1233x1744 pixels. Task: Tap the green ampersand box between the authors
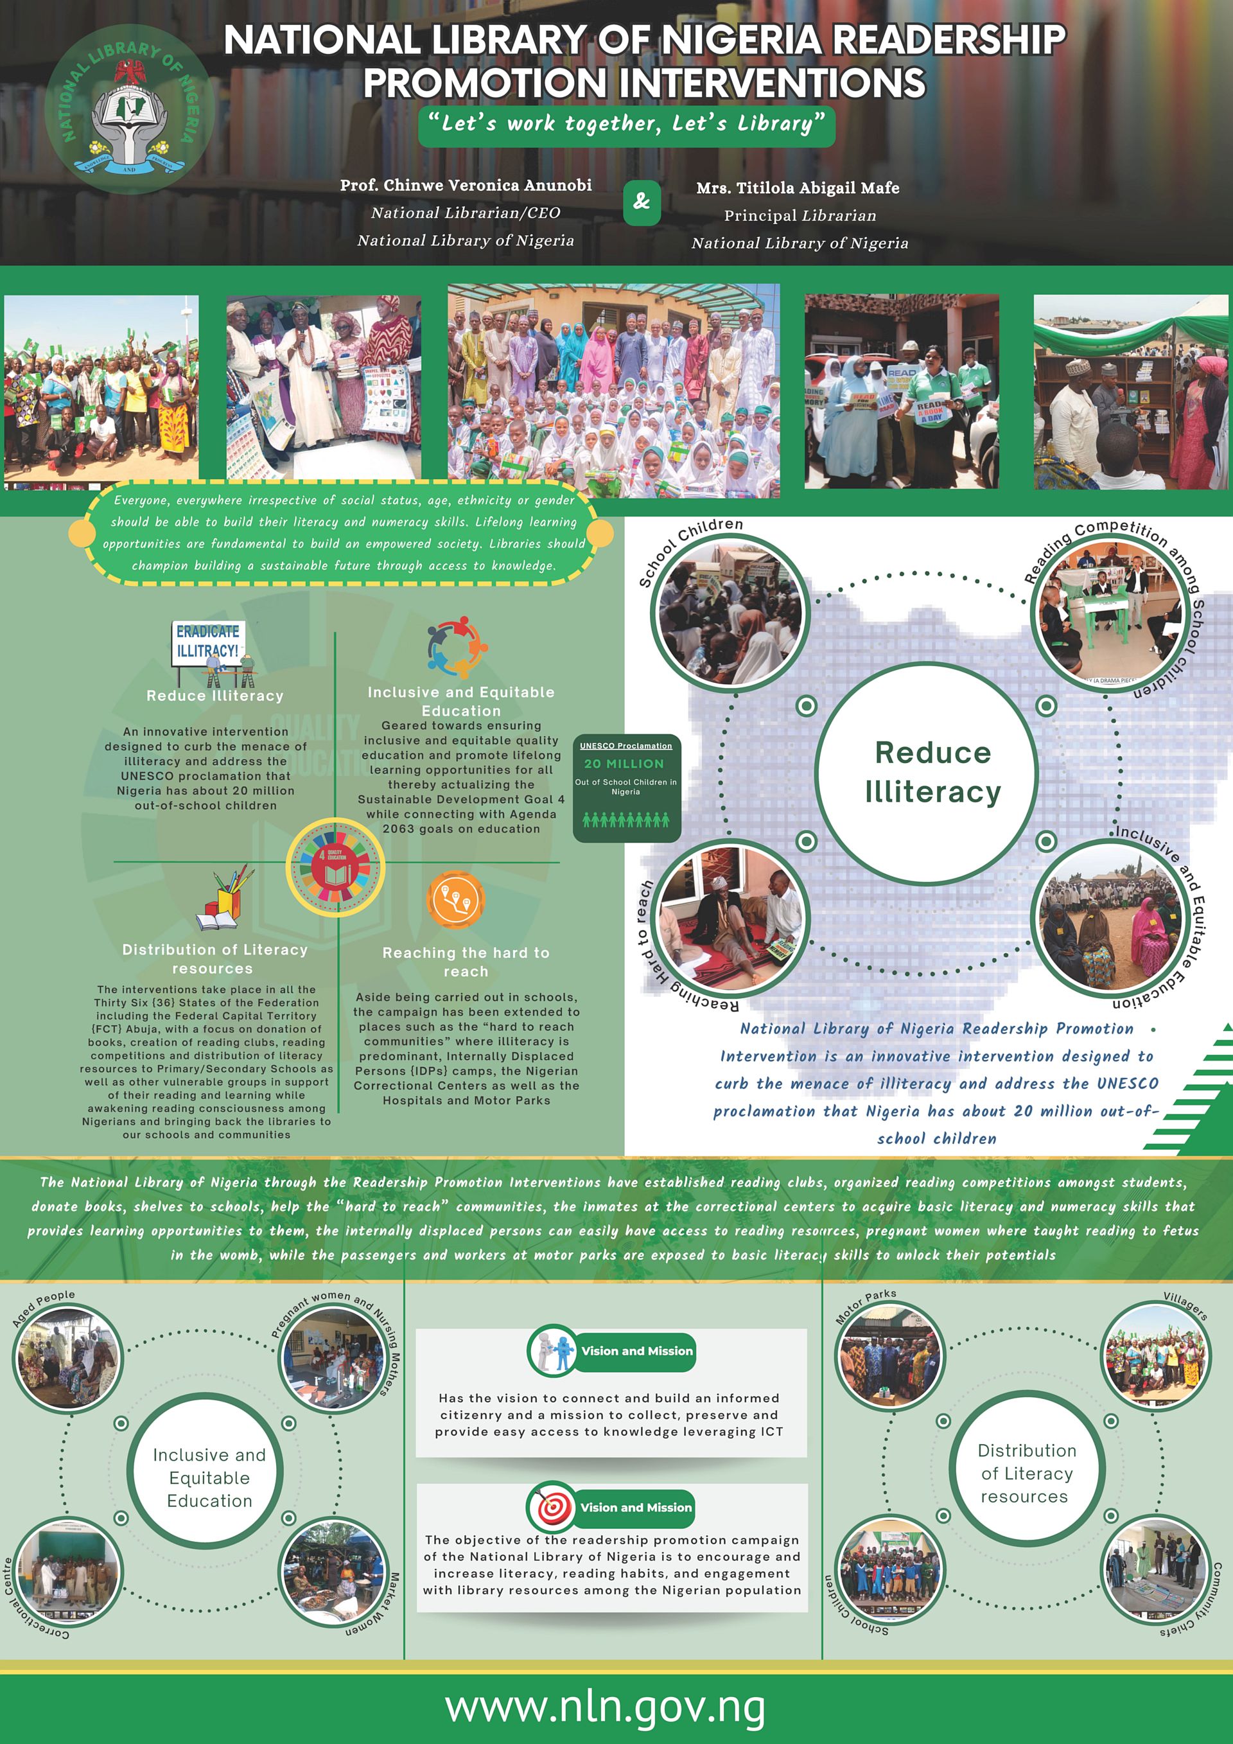(642, 201)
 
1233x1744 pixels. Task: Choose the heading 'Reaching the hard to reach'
(466, 962)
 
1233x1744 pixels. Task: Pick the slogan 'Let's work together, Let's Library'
(625, 124)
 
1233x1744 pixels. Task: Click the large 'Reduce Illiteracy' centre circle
(932, 773)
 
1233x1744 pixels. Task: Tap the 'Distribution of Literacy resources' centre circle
(1026, 1473)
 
